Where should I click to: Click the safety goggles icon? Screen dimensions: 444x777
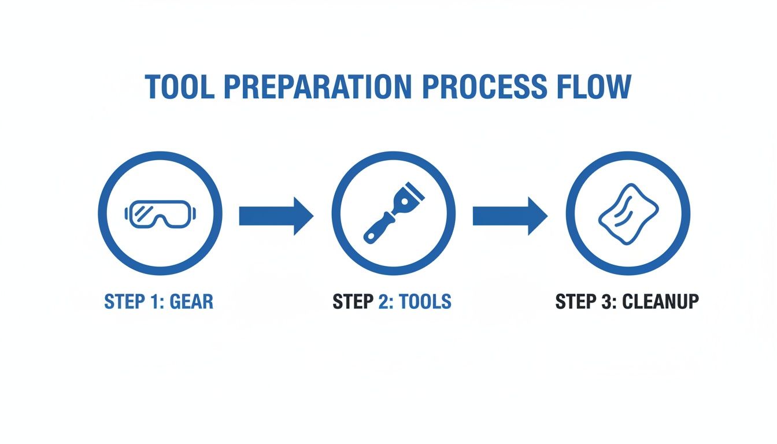tap(160, 213)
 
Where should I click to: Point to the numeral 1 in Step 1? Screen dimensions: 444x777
tap(153, 302)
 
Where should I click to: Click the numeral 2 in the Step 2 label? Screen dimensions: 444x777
tap(384, 302)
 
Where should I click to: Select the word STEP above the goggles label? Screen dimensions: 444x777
tap(123, 302)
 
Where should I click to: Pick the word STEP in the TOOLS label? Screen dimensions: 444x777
tap(353, 302)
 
